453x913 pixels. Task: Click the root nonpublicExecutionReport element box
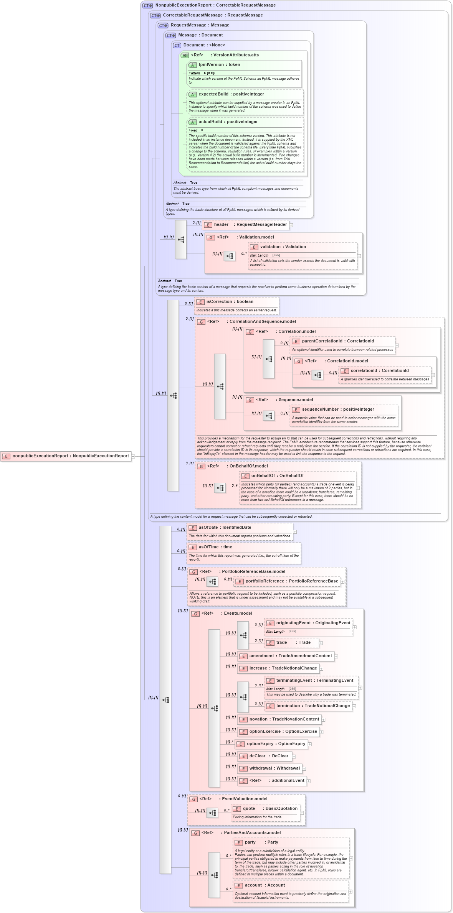point(66,456)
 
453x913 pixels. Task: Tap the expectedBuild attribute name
point(213,94)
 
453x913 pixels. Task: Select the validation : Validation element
point(283,247)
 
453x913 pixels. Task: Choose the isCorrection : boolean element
point(230,302)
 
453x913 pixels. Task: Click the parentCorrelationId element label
point(322,341)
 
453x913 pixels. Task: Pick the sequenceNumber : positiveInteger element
point(337,410)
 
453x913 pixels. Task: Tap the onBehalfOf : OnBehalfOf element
point(277,476)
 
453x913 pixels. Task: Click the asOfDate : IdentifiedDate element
point(225,528)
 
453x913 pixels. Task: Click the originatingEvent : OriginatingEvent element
point(313,623)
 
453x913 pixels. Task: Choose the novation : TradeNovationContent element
point(284,719)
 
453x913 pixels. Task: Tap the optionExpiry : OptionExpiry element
point(276,744)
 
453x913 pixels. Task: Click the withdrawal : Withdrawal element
point(274,768)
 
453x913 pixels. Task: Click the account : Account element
point(265,885)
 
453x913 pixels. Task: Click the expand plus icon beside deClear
point(294,757)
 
